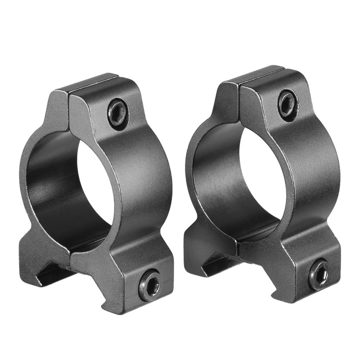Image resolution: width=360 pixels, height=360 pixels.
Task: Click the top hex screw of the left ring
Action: tap(118, 112)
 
